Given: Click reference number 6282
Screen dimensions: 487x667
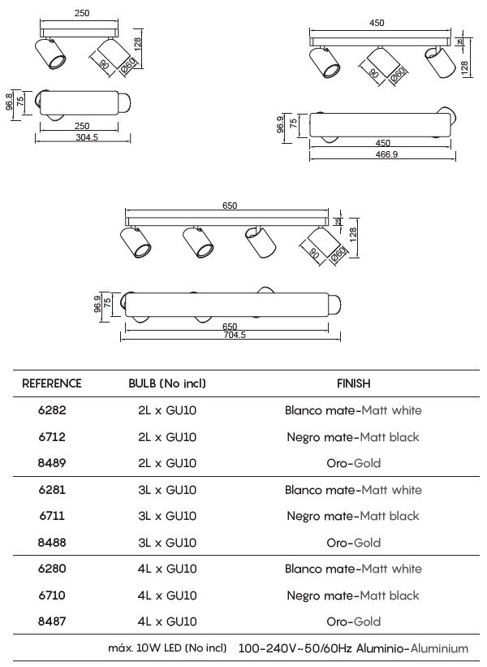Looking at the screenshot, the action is (x=52, y=410).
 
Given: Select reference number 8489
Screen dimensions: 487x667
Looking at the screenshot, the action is (x=52, y=463).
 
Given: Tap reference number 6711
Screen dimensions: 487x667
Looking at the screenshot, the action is (x=52, y=516).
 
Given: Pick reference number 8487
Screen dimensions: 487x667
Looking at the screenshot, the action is (x=52, y=622).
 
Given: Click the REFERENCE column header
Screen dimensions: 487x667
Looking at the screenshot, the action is (x=51, y=383).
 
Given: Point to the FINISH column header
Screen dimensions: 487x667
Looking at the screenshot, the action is (x=354, y=383).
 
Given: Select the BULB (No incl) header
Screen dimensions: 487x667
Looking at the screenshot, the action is (x=167, y=383).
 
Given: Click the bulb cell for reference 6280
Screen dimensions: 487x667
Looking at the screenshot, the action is (x=167, y=569).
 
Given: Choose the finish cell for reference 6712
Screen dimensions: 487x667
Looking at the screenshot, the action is (x=353, y=437).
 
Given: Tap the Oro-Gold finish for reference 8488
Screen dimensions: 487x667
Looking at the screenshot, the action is (x=354, y=543).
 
